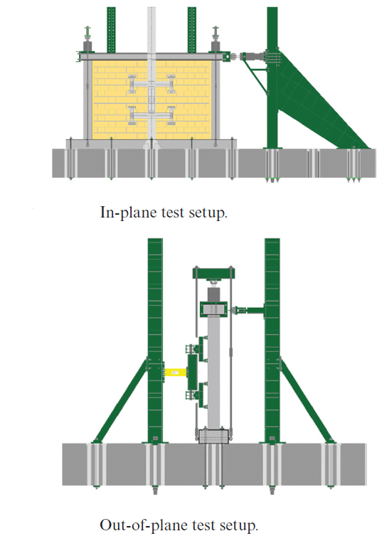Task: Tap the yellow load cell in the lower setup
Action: coord(175,373)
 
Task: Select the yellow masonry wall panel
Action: coord(152,100)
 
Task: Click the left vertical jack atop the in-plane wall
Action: coord(87,39)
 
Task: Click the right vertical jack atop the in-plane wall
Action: coord(216,39)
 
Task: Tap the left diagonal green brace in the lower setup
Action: coord(121,401)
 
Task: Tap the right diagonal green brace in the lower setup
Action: coord(307,401)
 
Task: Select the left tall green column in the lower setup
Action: coord(155,340)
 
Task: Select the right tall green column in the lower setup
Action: coord(272,340)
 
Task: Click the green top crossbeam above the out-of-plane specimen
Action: coord(213,273)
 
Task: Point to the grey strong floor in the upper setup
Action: coord(214,164)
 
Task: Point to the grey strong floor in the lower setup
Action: coord(214,464)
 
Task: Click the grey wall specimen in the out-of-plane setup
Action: coord(213,373)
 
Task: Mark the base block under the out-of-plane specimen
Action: coord(214,436)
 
